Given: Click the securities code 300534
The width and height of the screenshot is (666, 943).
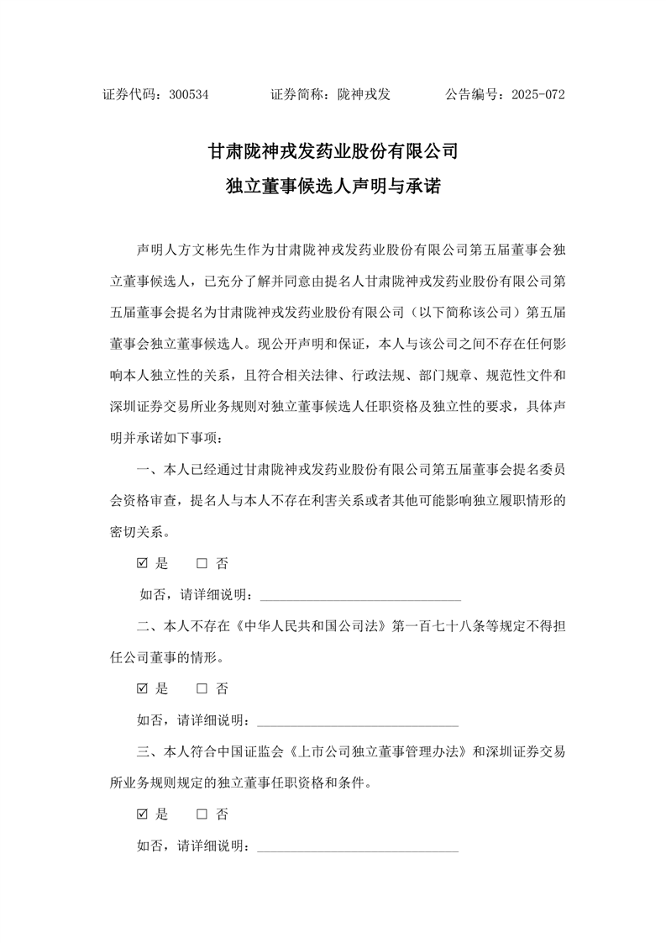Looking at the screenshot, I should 188,95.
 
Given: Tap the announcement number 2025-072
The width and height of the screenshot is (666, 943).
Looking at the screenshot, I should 538,95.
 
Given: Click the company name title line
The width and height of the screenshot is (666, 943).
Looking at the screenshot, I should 333,152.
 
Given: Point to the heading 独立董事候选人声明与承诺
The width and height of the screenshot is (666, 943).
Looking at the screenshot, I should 333,187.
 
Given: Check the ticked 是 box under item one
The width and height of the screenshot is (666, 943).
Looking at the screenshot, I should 142,563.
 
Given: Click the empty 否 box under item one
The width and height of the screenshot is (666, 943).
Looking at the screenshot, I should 202,563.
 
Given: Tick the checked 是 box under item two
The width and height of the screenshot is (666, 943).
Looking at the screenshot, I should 142,688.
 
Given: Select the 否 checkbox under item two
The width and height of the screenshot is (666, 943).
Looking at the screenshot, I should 202,688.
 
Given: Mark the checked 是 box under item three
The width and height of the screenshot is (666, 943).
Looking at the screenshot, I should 142,814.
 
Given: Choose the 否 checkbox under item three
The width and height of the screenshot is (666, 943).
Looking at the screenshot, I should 202,814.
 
